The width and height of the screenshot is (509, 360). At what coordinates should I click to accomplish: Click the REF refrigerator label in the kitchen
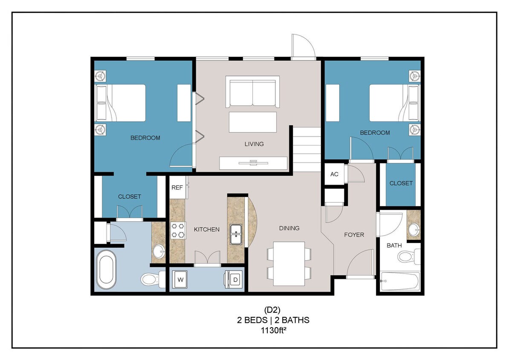pyautogui.click(x=177, y=187)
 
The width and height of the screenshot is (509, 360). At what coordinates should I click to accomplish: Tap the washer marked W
pyautogui.click(x=180, y=280)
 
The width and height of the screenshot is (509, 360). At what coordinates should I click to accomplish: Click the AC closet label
pyautogui.click(x=334, y=174)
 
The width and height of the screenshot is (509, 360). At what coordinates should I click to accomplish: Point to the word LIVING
pyautogui.click(x=254, y=144)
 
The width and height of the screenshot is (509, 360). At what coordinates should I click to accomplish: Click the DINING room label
pyautogui.click(x=289, y=228)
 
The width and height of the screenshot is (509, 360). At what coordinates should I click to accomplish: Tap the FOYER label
pyautogui.click(x=354, y=235)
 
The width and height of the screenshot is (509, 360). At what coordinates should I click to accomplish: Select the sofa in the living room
pyautogui.click(x=253, y=92)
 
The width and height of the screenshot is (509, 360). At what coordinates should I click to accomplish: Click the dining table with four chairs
pyautogui.click(x=289, y=263)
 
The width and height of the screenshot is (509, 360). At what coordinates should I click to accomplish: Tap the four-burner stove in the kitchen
pyautogui.click(x=178, y=230)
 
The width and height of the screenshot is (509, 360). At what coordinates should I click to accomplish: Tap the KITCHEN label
pyautogui.click(x=207, y=229)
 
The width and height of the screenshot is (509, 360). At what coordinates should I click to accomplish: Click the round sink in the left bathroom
pyautogui.click(x=159, y=250)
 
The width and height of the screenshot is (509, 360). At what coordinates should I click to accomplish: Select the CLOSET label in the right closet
pyautogui.click(x=401, y=183)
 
